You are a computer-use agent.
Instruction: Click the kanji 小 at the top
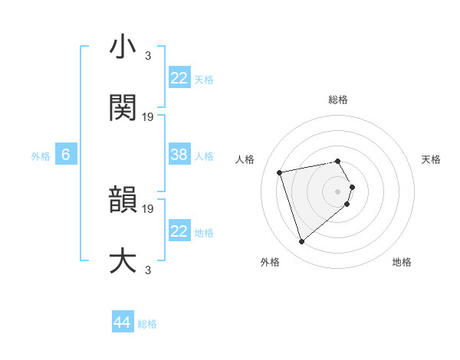pos(123,47)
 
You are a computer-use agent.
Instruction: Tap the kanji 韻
pos(123,199)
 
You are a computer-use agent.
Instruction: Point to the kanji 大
pos(123,260)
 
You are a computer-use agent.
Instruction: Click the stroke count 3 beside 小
pos(148,56)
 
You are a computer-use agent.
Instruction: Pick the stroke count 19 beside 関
pos(149,116)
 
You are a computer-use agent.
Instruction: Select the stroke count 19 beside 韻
pos(149,208)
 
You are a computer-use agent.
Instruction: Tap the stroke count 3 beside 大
pos(148,269)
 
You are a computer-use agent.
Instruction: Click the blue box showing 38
pos(179,155)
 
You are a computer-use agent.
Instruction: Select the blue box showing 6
pos(66,155)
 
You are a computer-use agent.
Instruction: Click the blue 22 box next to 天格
pos(179,77)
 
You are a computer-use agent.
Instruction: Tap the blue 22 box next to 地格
pos(179,231)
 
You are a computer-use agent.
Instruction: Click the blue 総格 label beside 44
pos(147,324)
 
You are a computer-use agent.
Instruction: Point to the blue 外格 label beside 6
pos(41,156)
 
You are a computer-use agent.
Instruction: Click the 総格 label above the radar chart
pos(338,100)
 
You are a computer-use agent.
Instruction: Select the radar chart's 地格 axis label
pos(402,262)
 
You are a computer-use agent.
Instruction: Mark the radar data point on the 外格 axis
pos(302,242)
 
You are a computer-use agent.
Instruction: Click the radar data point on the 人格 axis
pos(280,172)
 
